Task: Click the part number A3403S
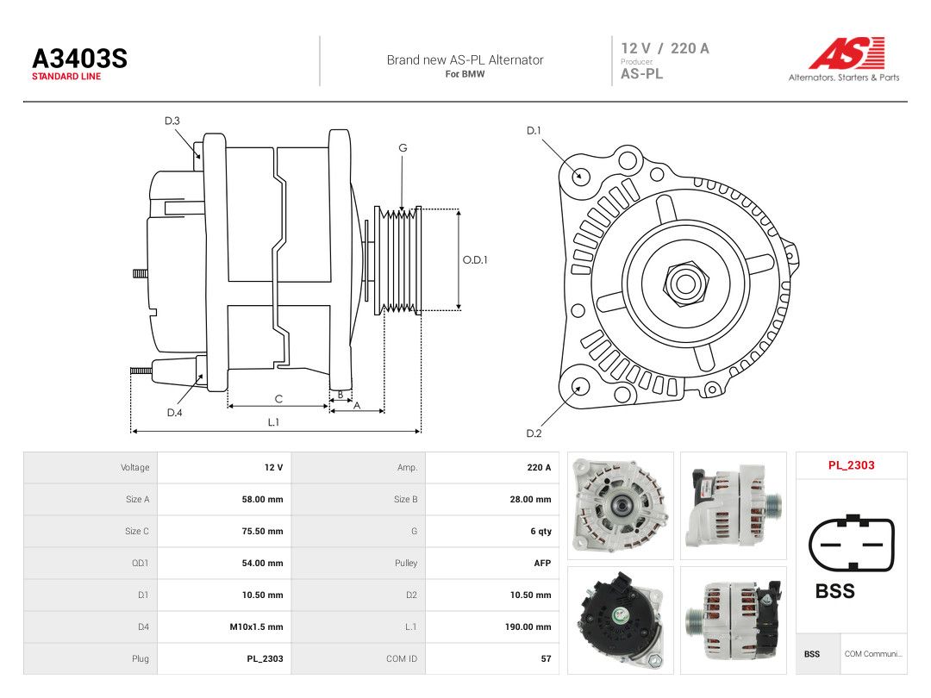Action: [79, 59]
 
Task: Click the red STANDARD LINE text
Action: [66, 77]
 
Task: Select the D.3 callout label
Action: [172, 122]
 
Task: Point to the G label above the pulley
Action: [403, 148]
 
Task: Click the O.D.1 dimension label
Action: [475, 260]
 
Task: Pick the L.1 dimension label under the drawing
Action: [273, 422]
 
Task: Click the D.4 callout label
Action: [174, 413]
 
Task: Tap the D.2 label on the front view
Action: [534, 433]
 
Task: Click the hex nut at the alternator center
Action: [685, 284]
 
